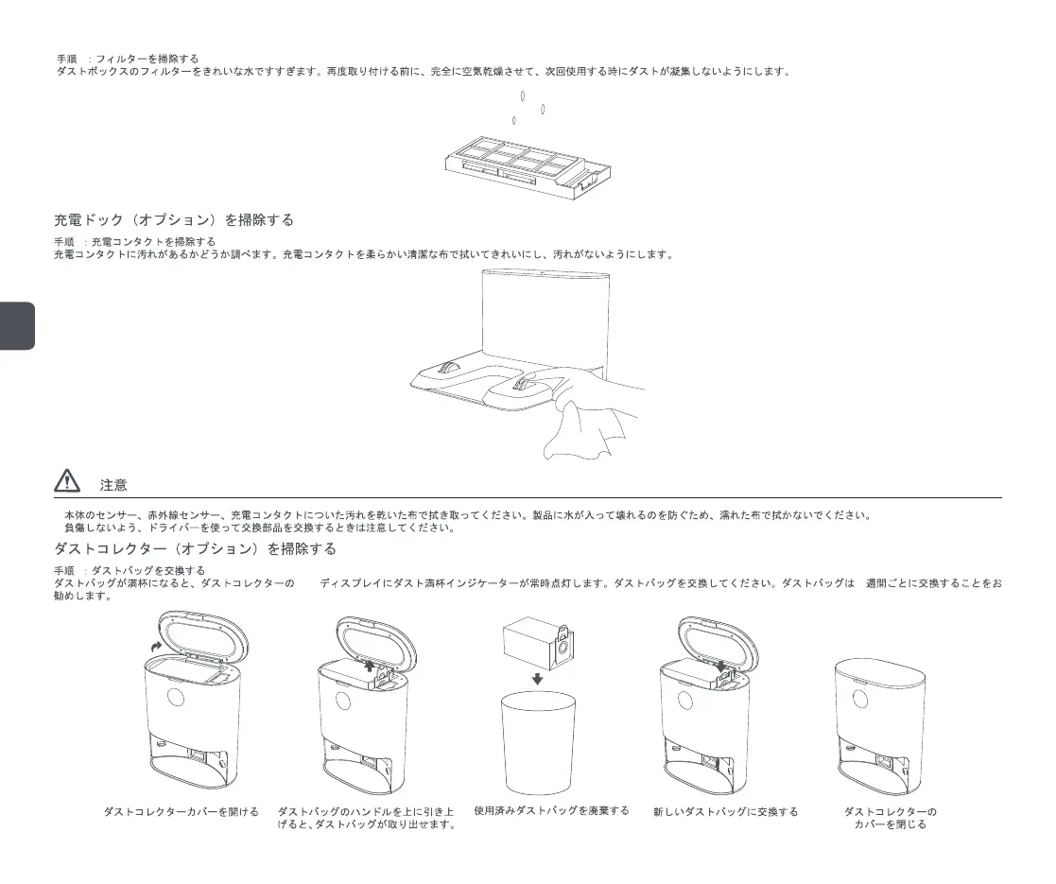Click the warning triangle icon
coord(66,482)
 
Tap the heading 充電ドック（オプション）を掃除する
coord(174,220)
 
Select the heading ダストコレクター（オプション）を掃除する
coord(195,549)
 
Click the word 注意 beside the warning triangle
coord(113,485)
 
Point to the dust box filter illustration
coord(528,166)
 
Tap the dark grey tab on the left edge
coord(17,326)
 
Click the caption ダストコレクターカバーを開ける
coord(181,811)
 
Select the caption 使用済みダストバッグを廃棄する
coord(551,811)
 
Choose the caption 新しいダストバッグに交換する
coord(725,811)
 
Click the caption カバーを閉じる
coord(890,824)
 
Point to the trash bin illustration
coord(538,742)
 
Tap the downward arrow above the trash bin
coord(537,678)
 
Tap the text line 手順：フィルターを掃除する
coord(128,59)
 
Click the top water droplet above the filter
coord(523,95)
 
